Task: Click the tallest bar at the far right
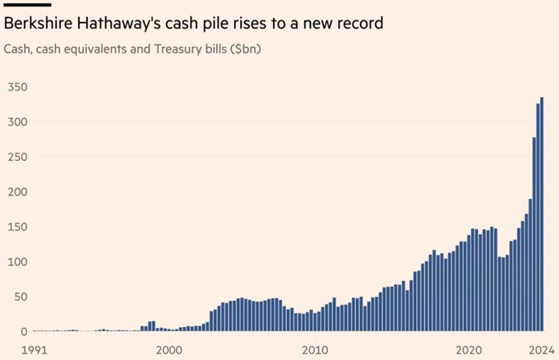[542, 215]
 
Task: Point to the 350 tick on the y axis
[16, 87]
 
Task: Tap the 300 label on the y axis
[16, 122]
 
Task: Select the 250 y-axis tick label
[16, 157]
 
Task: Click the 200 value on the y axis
[16, 192]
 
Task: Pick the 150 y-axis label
[16, 227]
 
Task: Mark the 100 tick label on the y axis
[16, 261]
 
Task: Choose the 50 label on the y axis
[20, 297]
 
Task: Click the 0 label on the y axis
[23, 331]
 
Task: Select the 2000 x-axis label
[169, 349]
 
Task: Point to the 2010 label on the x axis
[316, 349]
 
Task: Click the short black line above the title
[27, 5]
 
